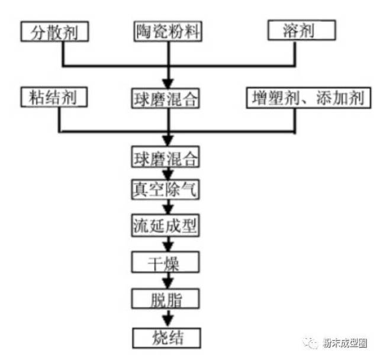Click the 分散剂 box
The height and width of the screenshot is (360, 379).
[54, 31]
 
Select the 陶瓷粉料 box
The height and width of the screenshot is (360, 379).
[168, 31]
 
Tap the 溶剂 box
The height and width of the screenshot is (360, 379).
[301, 30]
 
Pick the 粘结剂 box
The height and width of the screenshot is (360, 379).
[54, 97]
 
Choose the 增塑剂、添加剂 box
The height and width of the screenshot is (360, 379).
[309, 98]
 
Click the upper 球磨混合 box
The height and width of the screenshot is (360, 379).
[166, 98]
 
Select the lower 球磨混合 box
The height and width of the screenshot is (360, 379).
[166, 157]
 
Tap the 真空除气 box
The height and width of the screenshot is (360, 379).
[166, 189]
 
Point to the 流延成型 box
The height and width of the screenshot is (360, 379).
[166, 225]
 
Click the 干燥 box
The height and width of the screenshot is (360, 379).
[166, 262]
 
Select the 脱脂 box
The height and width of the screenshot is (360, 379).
[166, 298]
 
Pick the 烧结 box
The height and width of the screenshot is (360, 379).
[166, 338]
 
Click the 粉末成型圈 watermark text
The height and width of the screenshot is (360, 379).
[345, 343]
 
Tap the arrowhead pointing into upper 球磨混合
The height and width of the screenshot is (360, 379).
[168, 84]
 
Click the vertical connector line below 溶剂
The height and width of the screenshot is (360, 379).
[295, 53]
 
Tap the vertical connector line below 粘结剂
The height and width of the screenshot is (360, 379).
[59, 120]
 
